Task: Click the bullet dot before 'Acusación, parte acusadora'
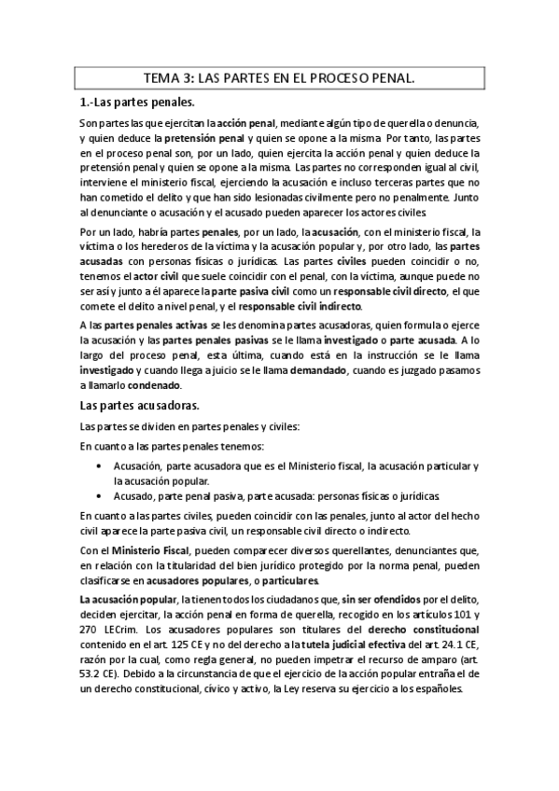(101, 465)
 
